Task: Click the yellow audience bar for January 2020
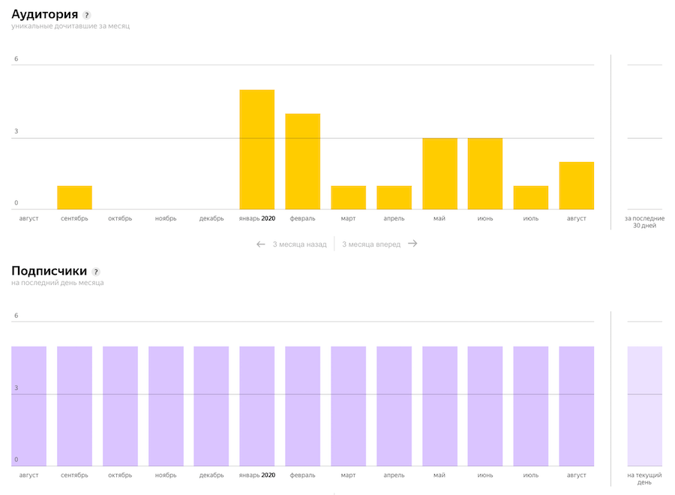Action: coord(256,149)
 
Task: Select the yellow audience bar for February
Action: coord(302,161)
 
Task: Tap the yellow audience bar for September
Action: coord(74,197)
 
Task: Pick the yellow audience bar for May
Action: coord(439,173)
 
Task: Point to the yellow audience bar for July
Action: coord(531,197)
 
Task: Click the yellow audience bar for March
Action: coord(348,197)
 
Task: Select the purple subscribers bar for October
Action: coord(120,406)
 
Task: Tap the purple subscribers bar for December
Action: coord(211,406)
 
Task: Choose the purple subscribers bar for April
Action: coord(394,406)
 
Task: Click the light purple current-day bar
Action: coord(644,406)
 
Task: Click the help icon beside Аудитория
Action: coord(87,15)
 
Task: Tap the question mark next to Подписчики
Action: coord(96,271)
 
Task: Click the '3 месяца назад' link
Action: coord(292,244)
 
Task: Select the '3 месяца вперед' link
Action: coord(379,244)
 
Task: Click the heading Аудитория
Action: coord(44,14)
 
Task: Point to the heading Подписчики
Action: coord(49,271)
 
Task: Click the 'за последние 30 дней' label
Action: coord(644,222)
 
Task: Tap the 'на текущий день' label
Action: coord(644,478)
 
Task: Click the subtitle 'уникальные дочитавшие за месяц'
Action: coord(70,27)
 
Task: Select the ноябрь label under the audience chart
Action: coord(166,219)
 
